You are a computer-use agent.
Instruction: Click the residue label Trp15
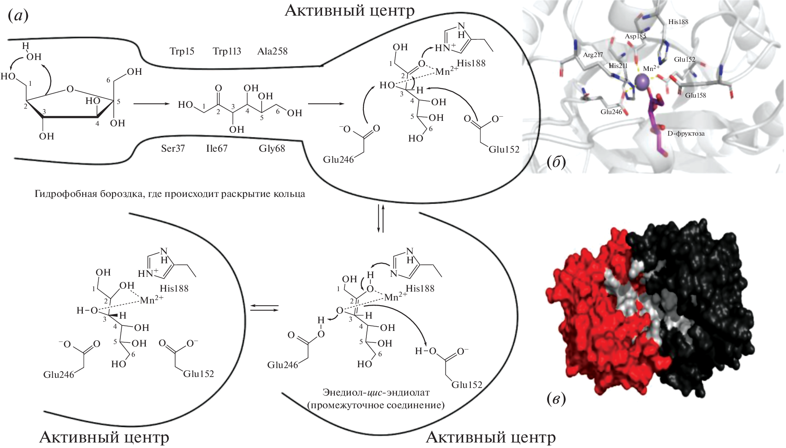(x=182, y=52)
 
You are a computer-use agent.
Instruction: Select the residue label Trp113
(x=227, y=52)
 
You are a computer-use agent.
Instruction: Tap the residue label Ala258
(x=272, y=52)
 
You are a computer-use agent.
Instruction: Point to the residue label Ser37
(x=173, y=149)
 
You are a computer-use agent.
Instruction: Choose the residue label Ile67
(x=217, y=149)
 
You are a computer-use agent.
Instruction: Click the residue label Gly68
(x=272, y=149)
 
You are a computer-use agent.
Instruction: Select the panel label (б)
(x=556, y=162)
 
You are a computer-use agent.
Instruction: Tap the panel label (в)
(x=556, y=398)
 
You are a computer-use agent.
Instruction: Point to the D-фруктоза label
(x=684, y=134)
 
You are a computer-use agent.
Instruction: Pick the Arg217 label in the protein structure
(x=593, y=55)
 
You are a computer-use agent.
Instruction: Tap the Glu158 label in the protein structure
(x=696, y=96)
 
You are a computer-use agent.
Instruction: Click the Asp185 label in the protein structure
(x=636, y=36)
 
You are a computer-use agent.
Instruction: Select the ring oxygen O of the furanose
(x=70, y=89)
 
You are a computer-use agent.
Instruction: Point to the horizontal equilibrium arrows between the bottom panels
(x=264, y=308)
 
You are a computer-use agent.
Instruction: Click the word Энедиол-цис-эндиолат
(x=376, y=392)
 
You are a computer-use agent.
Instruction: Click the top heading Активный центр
(x=349, y=10)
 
